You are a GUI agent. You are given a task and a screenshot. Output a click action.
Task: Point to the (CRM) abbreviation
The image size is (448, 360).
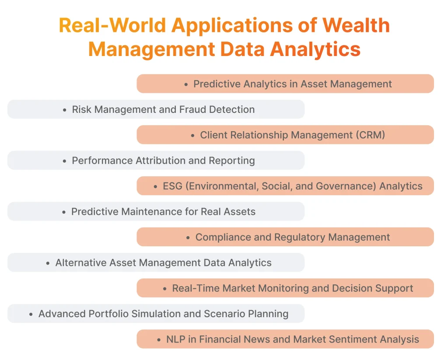pos(371,135)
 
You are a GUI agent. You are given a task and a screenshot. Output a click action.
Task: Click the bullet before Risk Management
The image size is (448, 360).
pos(65,110)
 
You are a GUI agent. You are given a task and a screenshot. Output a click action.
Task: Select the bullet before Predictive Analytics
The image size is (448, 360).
pos(186,84)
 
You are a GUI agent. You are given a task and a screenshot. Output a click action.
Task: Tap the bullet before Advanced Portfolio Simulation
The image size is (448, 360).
pos(31,314)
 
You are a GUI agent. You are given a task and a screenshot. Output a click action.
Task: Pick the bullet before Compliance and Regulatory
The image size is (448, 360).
pos(188,238)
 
